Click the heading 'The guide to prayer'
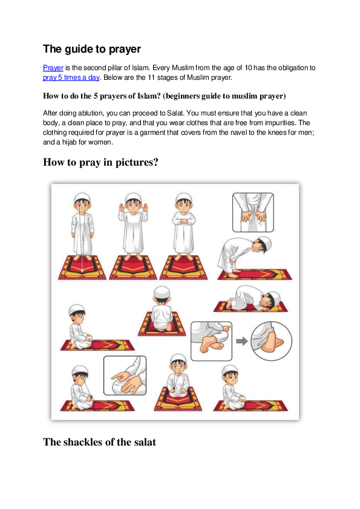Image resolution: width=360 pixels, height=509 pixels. pos(92,48)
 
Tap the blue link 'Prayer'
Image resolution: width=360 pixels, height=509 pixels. pos(53,68)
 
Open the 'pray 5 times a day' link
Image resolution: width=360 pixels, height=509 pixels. pos(71,77)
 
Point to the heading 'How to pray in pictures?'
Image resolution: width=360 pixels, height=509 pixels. pos(100,162)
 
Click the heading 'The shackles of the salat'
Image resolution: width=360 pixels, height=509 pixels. pos(99,442)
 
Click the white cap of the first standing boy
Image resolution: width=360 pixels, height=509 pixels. pos(83,198)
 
